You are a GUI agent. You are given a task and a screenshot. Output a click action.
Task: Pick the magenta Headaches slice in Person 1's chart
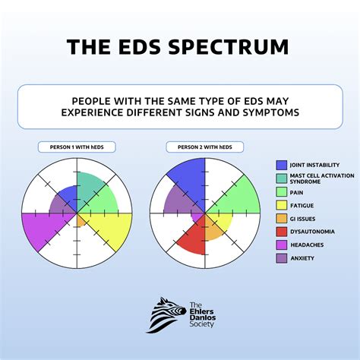(42, 228)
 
